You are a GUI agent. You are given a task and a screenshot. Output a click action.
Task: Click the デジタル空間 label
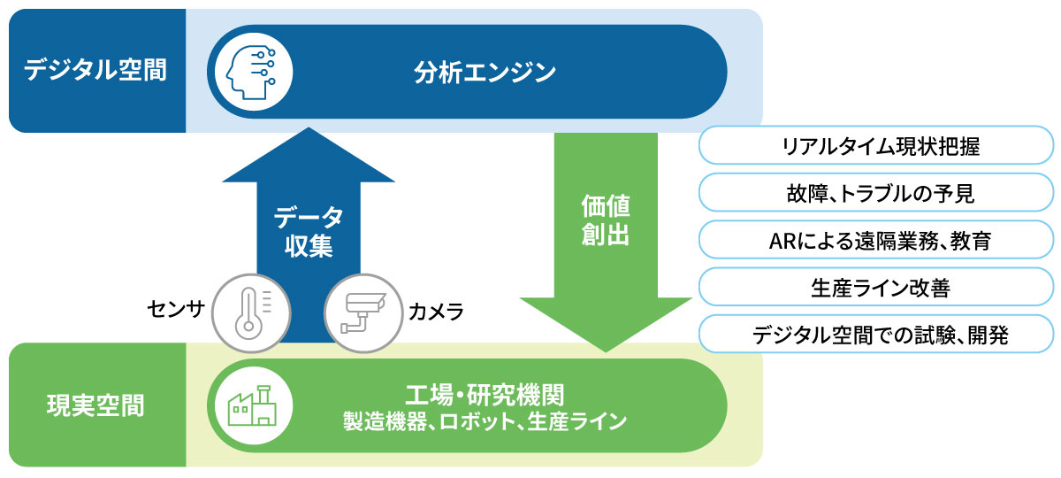coord(95,71)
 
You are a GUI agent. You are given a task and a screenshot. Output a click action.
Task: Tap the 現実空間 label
coord(95,406)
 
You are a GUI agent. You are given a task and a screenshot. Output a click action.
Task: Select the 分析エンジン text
coord(485,71)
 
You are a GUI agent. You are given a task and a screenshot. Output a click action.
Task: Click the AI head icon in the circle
coord(248,71)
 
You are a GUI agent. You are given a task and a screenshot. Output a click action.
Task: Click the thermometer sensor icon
coord(249,310)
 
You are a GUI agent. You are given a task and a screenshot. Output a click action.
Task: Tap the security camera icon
coord(360,310)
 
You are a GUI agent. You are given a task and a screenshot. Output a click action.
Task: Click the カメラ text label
coord(435,311)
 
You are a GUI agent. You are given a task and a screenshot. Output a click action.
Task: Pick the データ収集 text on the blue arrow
coord(309,232)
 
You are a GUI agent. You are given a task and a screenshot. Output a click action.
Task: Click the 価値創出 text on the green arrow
coord(606,221)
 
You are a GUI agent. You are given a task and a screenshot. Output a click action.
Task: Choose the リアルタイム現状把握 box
coord(876,146)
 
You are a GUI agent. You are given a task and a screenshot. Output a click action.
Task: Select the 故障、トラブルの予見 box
coord(876,193)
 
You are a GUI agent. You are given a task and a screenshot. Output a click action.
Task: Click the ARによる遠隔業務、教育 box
coord(876,240)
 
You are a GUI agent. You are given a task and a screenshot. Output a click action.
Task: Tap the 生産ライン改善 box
coord(876,287)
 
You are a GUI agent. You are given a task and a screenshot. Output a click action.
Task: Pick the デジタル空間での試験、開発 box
coord(876,335)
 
